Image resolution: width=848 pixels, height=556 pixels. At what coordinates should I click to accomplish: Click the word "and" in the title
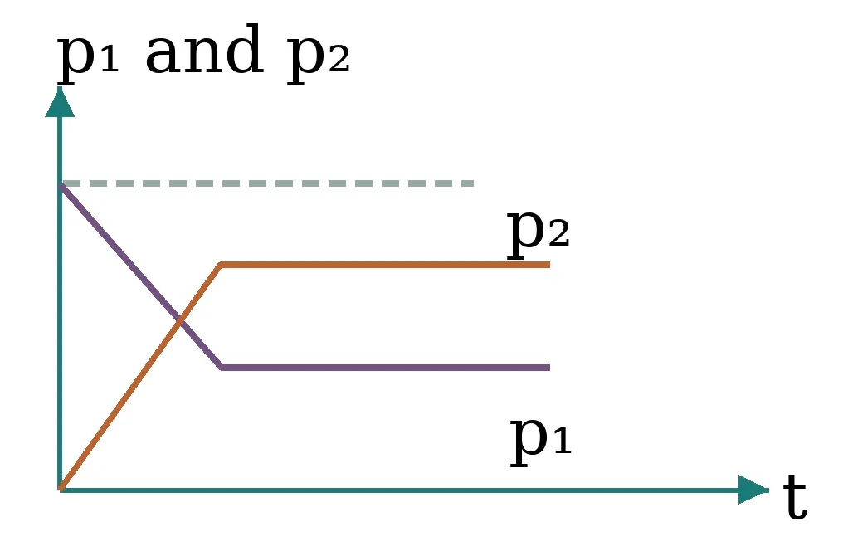[x=204, y=50]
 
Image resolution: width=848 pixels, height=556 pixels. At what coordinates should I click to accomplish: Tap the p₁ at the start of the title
[x=88, y=56]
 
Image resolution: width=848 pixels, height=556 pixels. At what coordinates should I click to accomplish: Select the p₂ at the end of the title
[x=318, y=56]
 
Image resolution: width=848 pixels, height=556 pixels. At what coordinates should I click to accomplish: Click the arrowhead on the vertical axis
[x=60, y=102]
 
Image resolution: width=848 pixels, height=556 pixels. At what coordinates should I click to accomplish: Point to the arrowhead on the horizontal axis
[x=754, y=490]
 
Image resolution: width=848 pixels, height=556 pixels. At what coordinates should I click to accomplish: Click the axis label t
[x=795, y=496]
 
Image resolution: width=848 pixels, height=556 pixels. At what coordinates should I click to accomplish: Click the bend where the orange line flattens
[x=221, y=265]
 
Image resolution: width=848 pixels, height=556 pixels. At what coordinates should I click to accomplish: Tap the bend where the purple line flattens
[x=222, y=368]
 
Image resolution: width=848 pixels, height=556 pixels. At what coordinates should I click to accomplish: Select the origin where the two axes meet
[x=60, y=490]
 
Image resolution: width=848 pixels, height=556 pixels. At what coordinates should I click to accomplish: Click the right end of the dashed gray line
[x=474, y=184]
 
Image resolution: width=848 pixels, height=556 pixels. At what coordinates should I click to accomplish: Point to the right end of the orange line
[x=549, y=265]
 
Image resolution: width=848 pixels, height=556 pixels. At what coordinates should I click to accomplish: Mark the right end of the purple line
[x=549, y=368]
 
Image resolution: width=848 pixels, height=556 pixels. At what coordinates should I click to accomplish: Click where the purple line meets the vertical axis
[x=61, y=185]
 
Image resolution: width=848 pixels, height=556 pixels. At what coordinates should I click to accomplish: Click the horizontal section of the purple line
[x=386, y=368]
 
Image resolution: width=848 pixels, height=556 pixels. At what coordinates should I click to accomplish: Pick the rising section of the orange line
[x=140, y=378]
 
